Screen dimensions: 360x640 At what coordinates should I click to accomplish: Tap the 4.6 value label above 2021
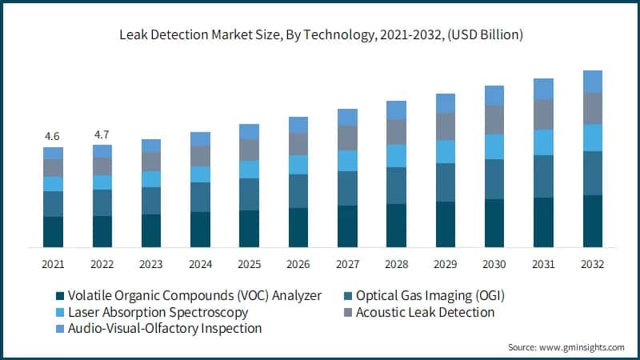tap(53, 136)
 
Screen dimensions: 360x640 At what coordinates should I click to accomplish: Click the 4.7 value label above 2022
tap(102, 134)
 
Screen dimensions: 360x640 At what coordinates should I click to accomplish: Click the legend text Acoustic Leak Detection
tap(425, 312)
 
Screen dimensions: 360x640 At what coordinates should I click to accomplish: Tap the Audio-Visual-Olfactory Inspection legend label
tap(165, 328)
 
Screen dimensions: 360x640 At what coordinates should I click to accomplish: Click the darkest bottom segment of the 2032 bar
tap(592, 221)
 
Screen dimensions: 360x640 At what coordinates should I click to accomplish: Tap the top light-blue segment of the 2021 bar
tap(53, 153)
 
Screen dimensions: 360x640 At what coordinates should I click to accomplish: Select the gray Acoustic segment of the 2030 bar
tap(494, 120)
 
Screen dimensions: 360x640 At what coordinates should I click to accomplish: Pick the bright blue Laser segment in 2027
tap(347, 161)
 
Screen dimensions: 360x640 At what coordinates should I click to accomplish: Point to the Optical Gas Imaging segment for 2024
tap(200, 197)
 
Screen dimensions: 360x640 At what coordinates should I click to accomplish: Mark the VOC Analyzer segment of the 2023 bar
tap(151, 230)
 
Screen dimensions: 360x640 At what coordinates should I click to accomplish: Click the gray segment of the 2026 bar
tap(298, 143)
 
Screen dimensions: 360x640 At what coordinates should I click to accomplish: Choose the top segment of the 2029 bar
tap(446, 103)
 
